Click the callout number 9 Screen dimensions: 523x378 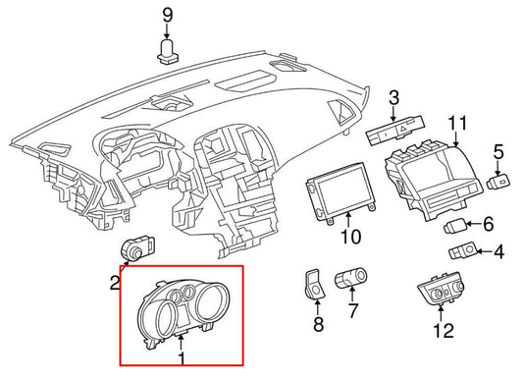[x=168, y=16]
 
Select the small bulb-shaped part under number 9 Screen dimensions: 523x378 [x=168, y=51]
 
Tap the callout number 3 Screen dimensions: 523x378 [x=393, y=98]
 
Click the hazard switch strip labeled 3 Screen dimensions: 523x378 [x=395, y=130]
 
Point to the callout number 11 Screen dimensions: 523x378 [x=498, y=152]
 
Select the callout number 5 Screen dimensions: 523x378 [x=489, y=224]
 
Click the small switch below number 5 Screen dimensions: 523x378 [x=498, y=182]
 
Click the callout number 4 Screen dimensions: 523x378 [x=498, y=252]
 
